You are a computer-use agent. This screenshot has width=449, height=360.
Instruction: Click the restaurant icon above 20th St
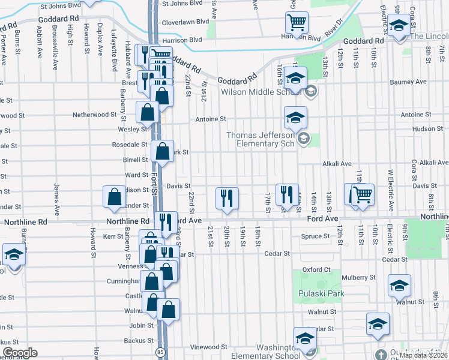[x=227, y=197]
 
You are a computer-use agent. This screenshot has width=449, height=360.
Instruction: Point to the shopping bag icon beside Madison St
[x=114, y=197]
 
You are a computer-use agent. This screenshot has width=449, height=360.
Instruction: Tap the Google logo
[x=20, y=353]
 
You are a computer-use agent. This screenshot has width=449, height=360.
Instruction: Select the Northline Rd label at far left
[x=25, y=221]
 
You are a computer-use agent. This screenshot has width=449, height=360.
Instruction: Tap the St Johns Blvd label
[x=60, y=5]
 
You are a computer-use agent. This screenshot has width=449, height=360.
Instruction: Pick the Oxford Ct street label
[x=317, y=269]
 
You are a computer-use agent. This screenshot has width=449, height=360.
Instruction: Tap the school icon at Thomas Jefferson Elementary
[x=295, y=118]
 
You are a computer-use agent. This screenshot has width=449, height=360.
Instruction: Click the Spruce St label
[x=315, y=236]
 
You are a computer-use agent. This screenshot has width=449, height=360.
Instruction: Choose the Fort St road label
[x=154, y=183]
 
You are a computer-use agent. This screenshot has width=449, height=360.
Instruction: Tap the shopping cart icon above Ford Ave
[x=362, y=195]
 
